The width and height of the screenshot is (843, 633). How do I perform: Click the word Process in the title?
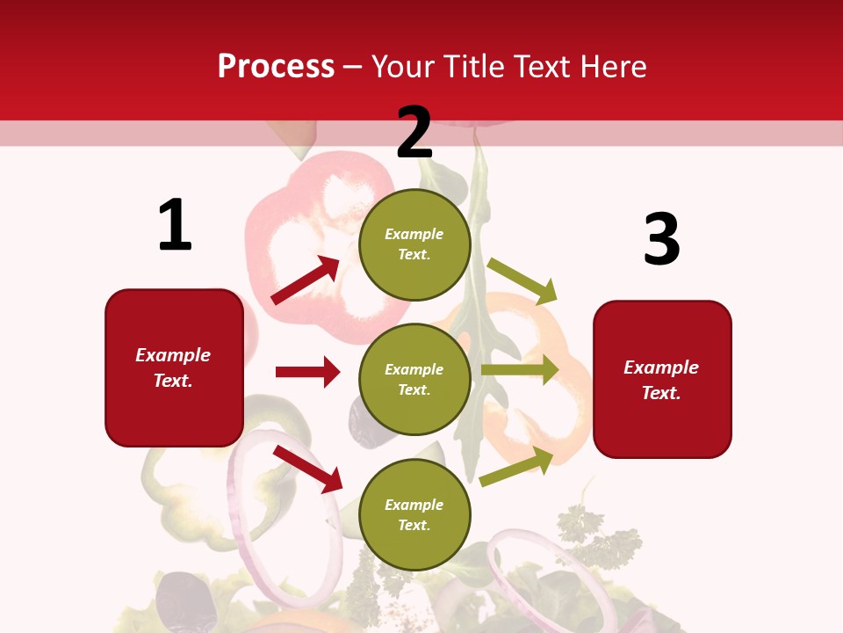(276, 67)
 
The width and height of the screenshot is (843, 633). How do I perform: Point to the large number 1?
(175, 226)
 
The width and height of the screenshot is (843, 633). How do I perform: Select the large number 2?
(414, 133)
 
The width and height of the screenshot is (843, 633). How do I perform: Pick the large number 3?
(661, 240)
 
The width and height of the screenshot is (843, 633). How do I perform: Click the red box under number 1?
(174, 367)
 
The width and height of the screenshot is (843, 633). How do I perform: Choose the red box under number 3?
(662, 380)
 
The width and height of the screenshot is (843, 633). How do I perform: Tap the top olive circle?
(414, 244)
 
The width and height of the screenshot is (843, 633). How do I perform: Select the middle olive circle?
(414, 380)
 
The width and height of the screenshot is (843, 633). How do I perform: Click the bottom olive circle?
(414, 514)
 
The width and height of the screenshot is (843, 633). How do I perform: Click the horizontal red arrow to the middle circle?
(307, 372)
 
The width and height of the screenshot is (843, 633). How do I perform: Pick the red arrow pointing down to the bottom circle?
(307, 469)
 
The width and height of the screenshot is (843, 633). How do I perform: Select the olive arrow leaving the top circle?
(522, 280)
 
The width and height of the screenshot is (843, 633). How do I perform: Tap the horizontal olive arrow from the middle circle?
(520, 370)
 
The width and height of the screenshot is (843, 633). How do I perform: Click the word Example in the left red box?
(173, 355)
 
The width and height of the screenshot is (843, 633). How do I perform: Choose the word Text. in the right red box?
(661, 393)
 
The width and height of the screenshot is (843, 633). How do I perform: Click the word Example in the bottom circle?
(414, 505)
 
